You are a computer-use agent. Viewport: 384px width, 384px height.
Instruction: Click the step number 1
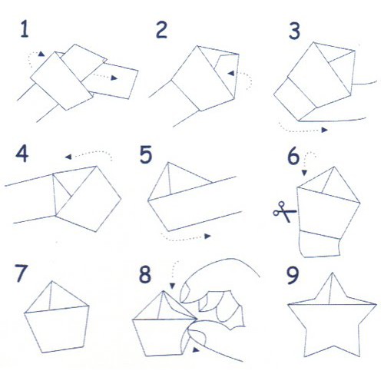coord(25,29)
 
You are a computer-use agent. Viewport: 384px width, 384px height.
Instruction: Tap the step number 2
coord(161,30)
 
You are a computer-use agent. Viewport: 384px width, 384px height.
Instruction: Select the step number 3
coord(294,31)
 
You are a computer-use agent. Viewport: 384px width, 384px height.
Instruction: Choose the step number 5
coord(146,154)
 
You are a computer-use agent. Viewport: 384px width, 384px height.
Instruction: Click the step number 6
coord(293,156)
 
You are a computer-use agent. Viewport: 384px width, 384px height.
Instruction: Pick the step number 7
coord(21,273)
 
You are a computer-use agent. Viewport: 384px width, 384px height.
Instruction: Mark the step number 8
coord(145,274)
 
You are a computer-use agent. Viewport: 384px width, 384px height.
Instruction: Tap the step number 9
coord(293,275)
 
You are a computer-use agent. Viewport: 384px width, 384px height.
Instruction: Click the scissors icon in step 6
coord(285,212)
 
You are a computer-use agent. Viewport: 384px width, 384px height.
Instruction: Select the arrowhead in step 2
coord(231,74)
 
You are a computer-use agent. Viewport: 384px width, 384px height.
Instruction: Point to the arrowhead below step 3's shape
coord(325,130)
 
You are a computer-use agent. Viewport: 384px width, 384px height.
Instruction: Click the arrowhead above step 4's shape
coord(68,157)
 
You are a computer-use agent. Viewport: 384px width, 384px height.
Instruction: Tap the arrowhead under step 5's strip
coord(207,236)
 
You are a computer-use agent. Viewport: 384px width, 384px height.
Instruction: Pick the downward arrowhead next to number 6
coord(304,173)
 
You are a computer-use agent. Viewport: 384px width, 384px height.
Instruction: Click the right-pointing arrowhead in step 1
coord(114,78)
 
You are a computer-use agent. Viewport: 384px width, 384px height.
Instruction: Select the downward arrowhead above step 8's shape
coord(172,286)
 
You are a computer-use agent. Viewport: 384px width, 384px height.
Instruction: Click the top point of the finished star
coord(333,273)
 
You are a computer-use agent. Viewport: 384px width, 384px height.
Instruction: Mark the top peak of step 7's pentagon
coord(52,281)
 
